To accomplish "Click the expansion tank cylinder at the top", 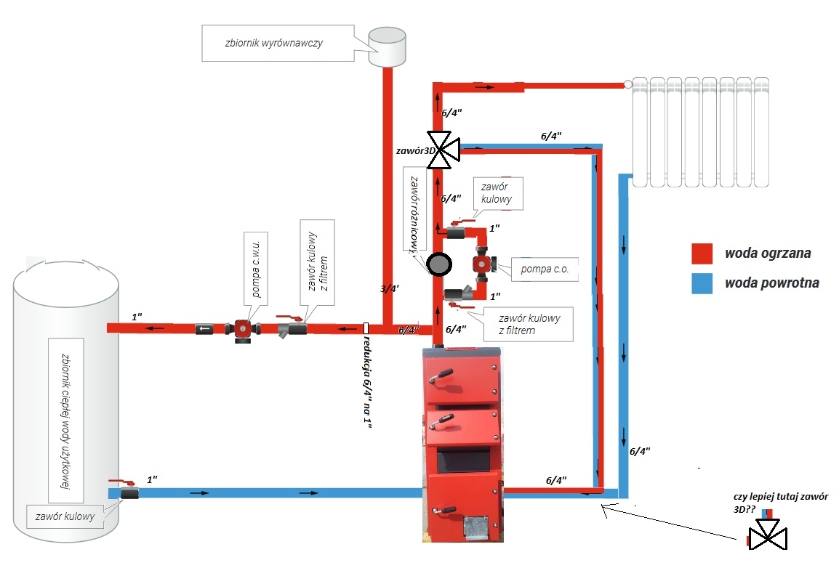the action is (x=387, y=48).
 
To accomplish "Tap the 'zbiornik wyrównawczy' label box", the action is (x=278, y=43).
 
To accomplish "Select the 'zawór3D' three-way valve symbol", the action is (x=443, y=150).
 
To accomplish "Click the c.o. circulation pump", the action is (x=483, y=264).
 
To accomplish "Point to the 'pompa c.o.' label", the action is (x=545, y=269).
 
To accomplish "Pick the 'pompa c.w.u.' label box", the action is (x=256, y=269).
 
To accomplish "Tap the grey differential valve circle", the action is (x=438, y=264).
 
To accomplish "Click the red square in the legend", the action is (x=702, y=253).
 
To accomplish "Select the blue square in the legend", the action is (x=702, y=283).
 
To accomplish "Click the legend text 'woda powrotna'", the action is (x=771, y=283).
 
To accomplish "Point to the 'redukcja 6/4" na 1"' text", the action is (x=367, y=381).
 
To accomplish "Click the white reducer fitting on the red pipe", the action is (x=366, y=328).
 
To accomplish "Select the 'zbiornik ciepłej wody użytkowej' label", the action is (x=66, y=421).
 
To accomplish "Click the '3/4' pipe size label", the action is (x=390, y=289).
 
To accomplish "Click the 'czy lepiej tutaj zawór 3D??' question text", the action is (x=780, y=503).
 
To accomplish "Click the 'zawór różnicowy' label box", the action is (x=414, y=214).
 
